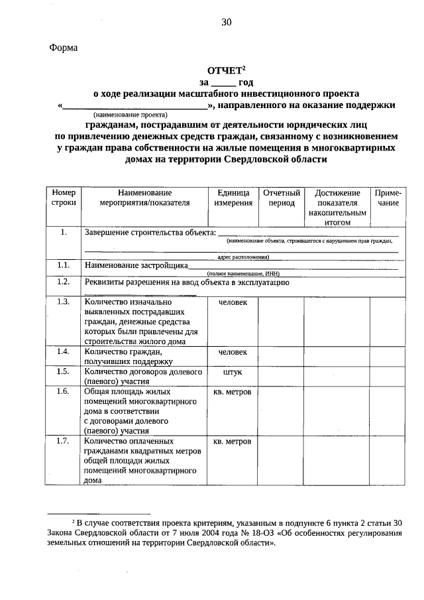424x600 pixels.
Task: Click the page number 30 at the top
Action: [x=227, y=23]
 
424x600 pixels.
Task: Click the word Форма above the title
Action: [x=64, y=48]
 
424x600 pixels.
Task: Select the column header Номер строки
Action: [x=64, y=198]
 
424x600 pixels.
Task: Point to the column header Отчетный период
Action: [x=281, y=198]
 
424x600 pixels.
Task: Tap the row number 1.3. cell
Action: [x=64, y=302]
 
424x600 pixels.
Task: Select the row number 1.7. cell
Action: [x=64, y=441]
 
